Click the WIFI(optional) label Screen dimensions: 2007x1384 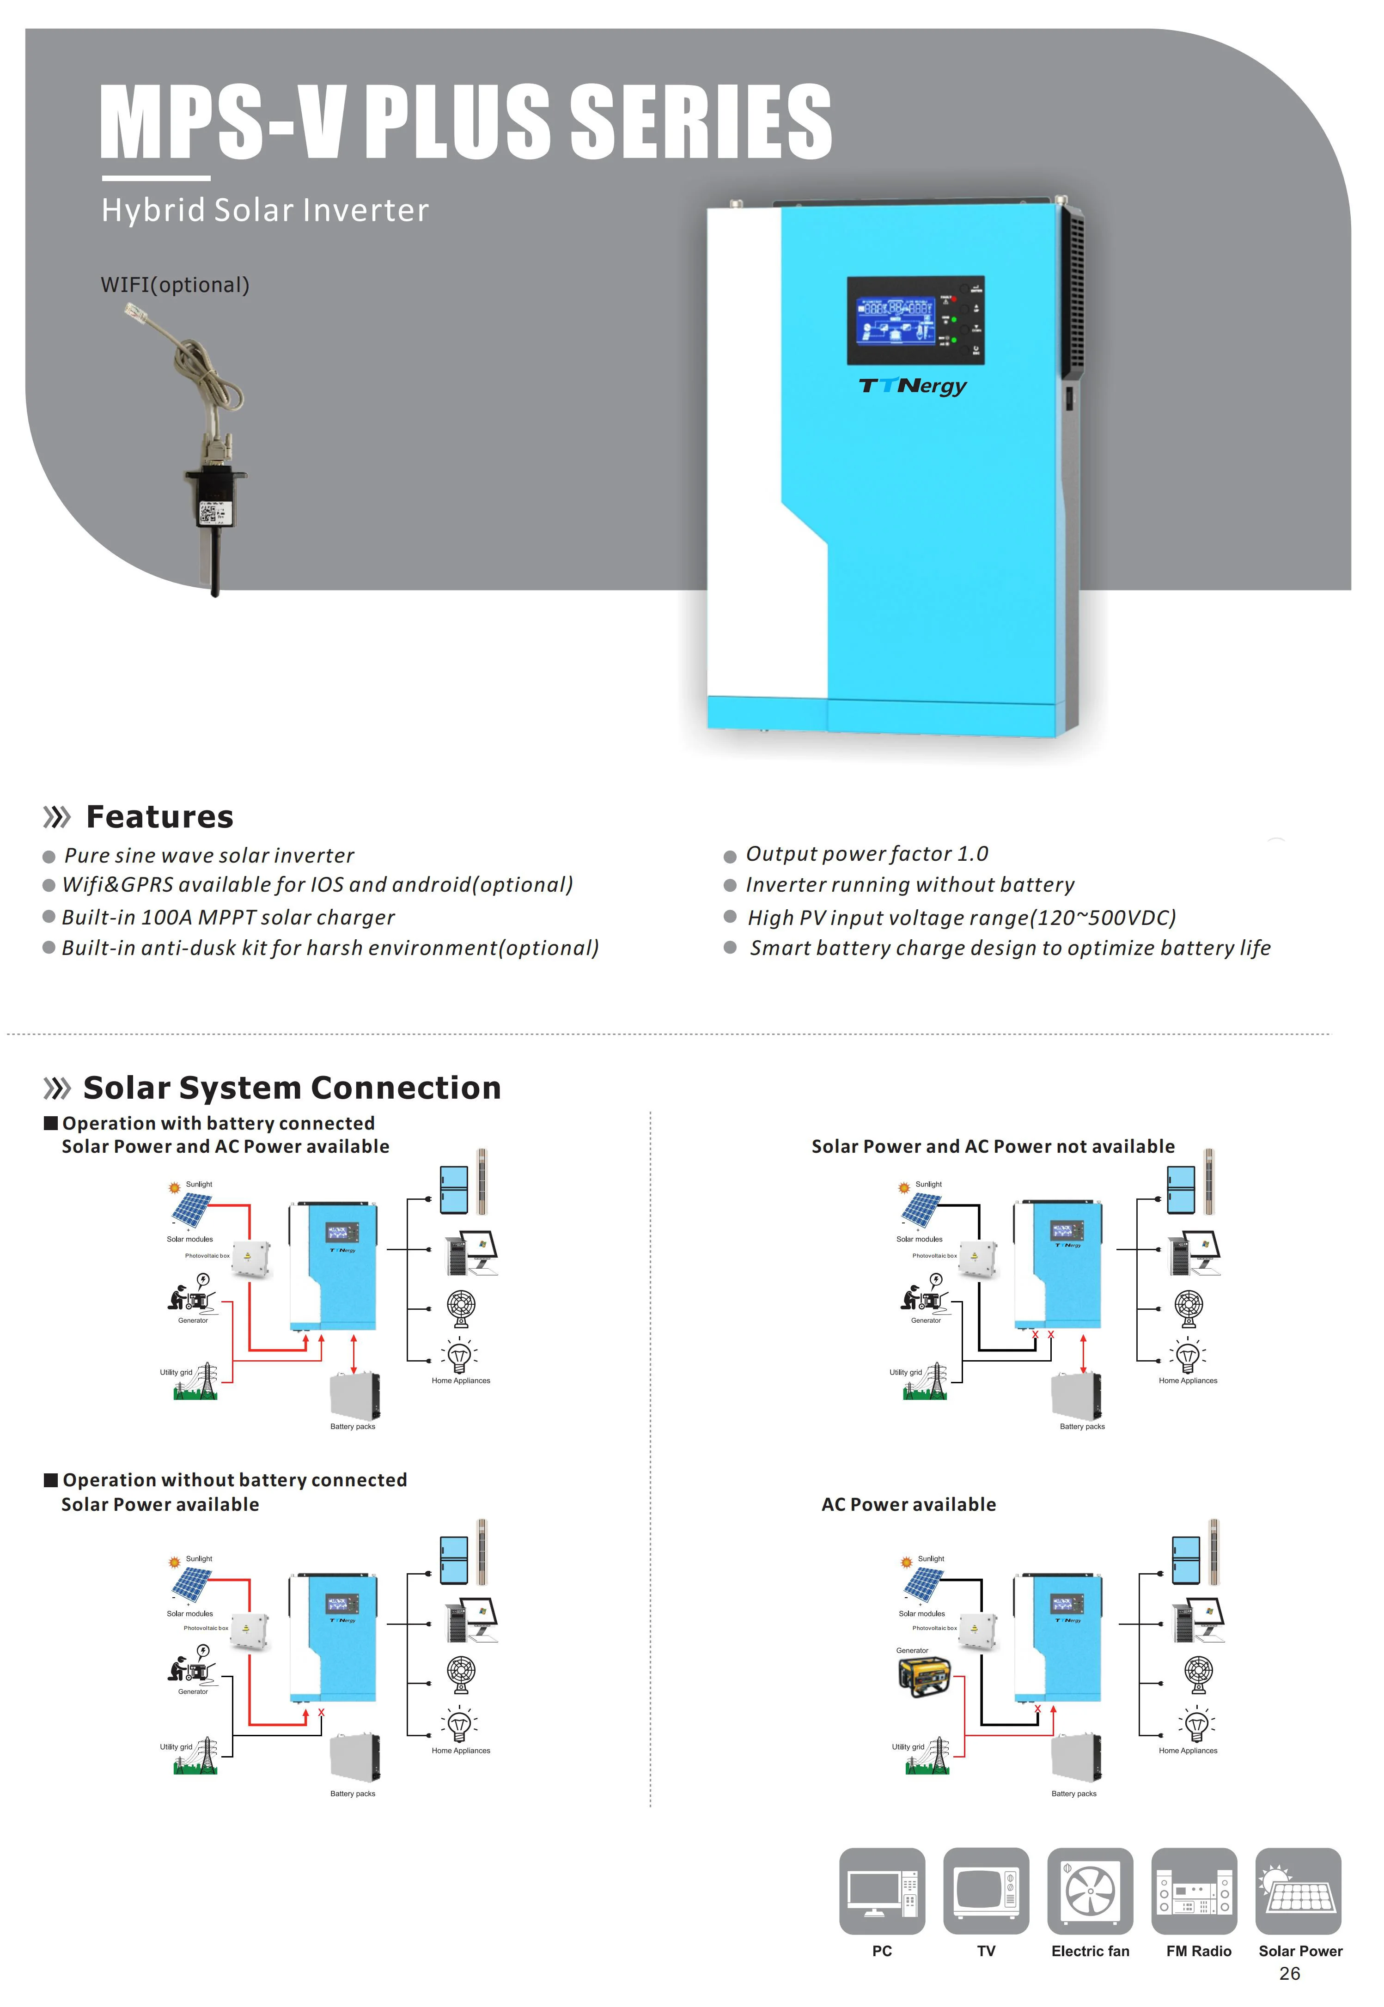[x=175, y=285]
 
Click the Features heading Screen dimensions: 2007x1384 [x=159, y=817]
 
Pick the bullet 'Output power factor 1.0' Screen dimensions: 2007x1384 [x=866, y=854]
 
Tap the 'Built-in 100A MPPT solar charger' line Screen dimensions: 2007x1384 [x=228, y=917]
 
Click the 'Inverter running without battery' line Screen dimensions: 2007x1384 [x=910, y=885]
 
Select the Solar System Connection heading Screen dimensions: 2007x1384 [x=292, y=1088]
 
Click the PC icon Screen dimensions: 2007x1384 [x=882, y=1891]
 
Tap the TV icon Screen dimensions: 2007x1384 [x=986, y=1891]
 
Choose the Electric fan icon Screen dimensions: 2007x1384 [x=1090, y=1891]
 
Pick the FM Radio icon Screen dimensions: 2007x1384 [x=1194, y=1891]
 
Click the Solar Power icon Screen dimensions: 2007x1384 [x=1298, y=1891]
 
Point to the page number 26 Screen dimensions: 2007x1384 [x=1289, y=1974]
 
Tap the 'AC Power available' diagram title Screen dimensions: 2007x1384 [x=909, y=1505]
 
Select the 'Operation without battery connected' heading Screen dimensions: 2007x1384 [x=234, y=1480]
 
